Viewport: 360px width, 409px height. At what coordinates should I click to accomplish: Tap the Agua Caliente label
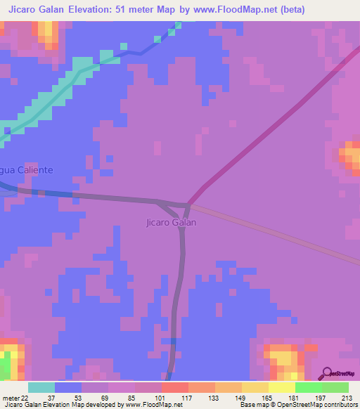tap(27, 170)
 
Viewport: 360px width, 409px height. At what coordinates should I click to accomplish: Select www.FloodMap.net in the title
tap(238, 10)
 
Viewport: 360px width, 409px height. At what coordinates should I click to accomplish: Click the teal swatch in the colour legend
tap(41, 387)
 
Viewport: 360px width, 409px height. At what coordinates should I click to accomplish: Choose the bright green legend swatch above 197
tap(308, 387)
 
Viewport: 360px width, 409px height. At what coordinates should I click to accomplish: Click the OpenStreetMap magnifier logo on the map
tap(327, 373)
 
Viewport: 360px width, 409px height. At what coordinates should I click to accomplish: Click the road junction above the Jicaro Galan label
tap(188, 205)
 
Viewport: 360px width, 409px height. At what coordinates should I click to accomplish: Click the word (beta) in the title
tap(291, 10)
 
